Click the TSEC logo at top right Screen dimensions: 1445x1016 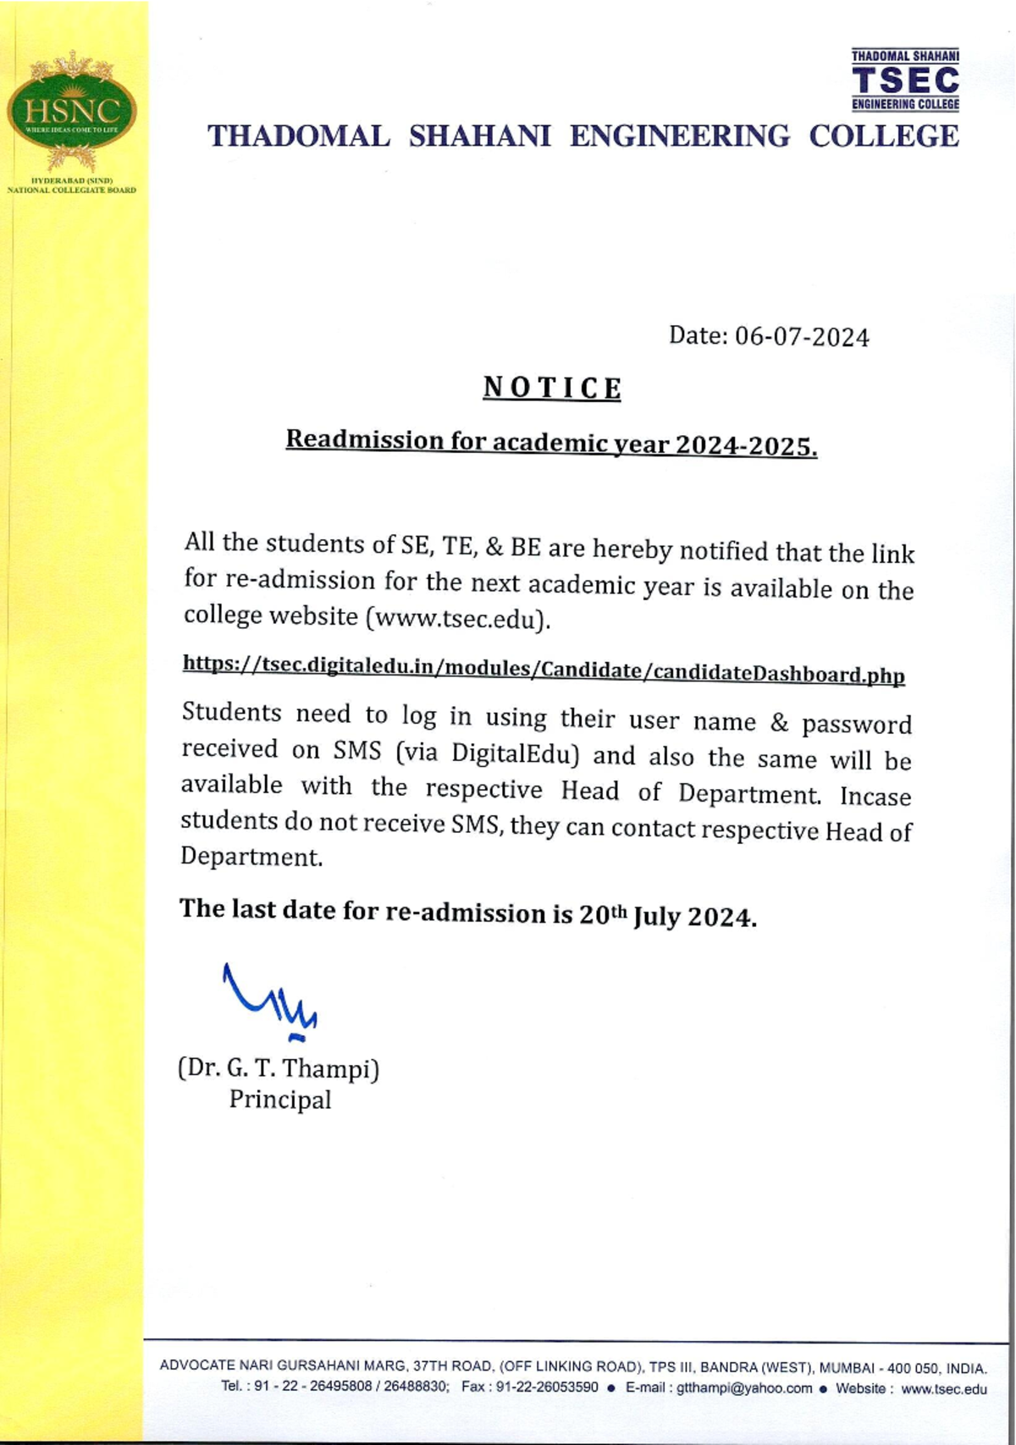[905, 80]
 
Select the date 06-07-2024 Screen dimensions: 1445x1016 [802, 337]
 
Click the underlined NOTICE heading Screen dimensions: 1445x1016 [552, 388]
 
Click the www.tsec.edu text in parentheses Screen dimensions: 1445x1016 [457, 618]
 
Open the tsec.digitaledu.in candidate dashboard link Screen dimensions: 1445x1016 [544, 669]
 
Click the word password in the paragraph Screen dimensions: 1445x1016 [857, 725]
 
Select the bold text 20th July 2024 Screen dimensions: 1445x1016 [667, 916]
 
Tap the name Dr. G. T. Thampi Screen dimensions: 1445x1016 [279, 1068]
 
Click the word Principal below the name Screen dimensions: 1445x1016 [280, 1100]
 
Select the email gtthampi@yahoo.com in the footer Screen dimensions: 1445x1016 [744, 1388]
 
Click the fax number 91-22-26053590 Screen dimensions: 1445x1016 [547, 1388]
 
